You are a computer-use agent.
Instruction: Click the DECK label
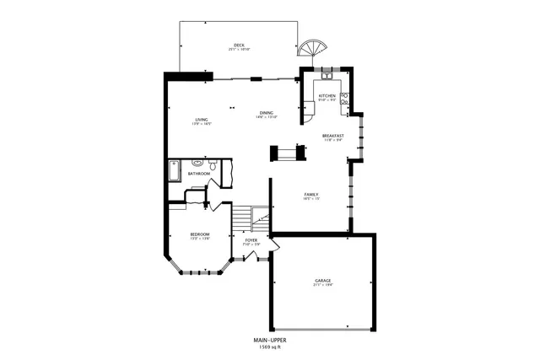240,46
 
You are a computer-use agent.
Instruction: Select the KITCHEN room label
327,96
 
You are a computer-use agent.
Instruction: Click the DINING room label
267,113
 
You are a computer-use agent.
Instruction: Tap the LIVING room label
202,120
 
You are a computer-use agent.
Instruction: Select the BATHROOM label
199,174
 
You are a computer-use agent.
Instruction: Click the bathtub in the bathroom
174,170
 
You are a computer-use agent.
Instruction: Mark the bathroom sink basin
197,163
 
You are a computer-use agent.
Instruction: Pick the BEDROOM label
199,234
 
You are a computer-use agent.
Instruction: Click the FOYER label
251,240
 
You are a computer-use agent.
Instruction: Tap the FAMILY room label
310,195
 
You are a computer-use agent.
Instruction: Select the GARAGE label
323,280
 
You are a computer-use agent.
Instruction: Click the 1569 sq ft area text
270,347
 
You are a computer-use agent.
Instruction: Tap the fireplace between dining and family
284,153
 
